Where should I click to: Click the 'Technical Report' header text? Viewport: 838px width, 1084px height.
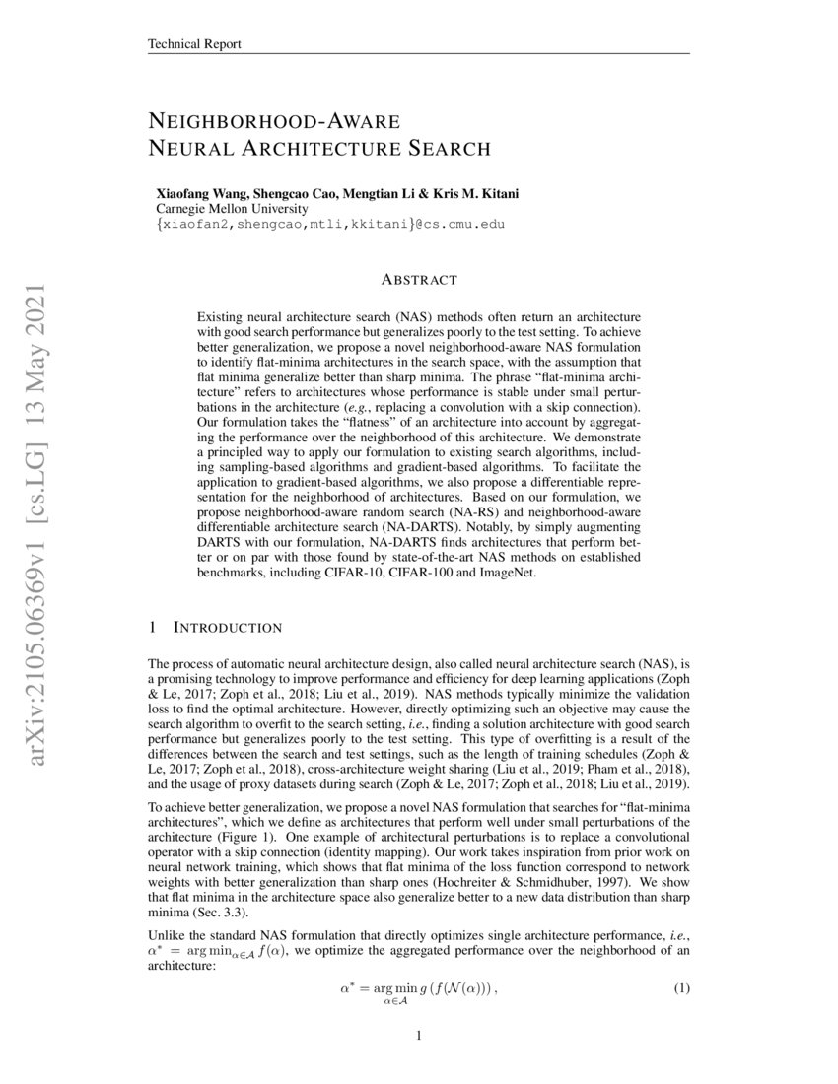(194, 44)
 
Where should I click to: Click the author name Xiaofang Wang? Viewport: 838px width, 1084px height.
(199, 193)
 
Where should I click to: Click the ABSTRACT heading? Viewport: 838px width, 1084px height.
(418, 281)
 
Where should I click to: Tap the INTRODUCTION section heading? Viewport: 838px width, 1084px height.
(228, 628)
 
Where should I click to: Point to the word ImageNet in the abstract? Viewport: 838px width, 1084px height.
(507, 573)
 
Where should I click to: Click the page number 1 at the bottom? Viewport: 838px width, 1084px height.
(419, 1036)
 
